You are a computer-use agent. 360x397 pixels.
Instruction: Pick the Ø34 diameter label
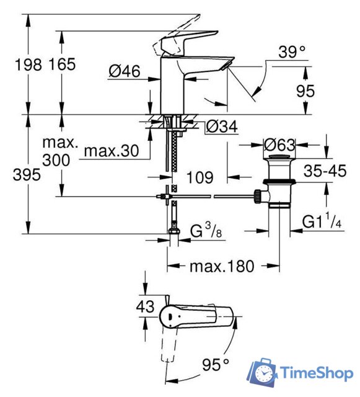click(221, 127)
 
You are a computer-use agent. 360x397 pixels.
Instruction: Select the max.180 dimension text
click(221, 267)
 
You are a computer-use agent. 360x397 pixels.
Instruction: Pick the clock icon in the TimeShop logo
click(265, 375)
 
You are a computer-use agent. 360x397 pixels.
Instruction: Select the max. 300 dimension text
click(60, 151)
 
